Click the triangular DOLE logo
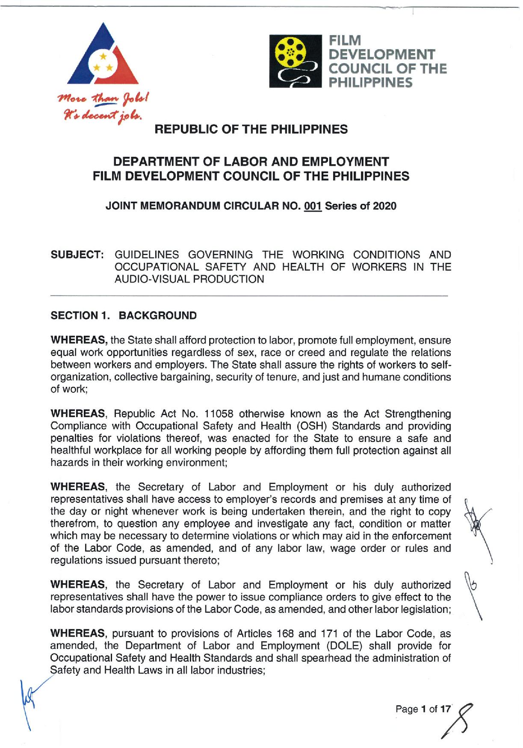point(103,58)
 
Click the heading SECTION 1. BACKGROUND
point(124,316)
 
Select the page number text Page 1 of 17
point(423,709)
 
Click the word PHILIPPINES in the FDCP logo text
point(370,82)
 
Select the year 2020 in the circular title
point(384,206)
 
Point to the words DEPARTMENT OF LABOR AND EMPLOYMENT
point(251,162)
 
